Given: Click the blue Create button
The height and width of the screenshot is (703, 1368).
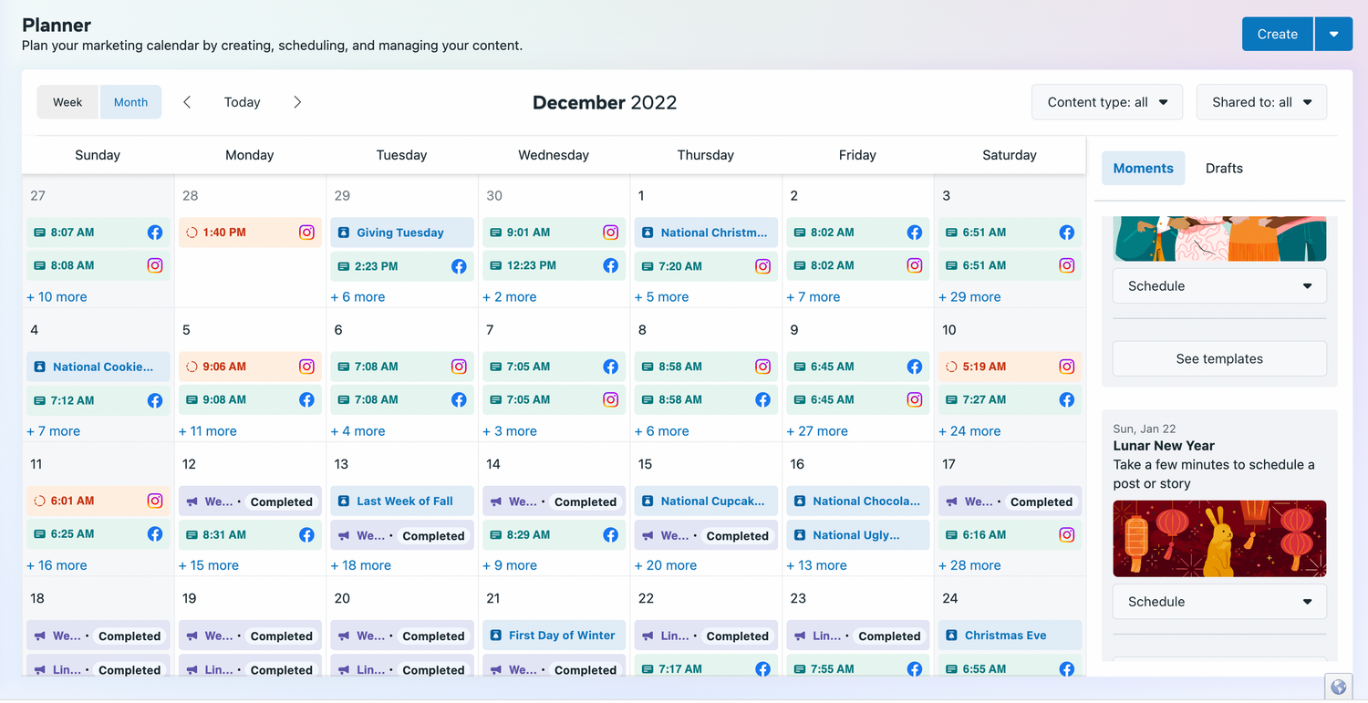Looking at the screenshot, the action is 1277,35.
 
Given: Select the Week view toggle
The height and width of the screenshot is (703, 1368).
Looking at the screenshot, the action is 67,102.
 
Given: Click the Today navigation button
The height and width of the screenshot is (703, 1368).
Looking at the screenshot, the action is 242,102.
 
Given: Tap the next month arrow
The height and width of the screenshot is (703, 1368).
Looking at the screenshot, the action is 297,102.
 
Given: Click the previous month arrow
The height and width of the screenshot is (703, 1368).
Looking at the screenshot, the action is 188,102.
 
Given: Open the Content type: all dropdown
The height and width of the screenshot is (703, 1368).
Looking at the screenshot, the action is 1106,102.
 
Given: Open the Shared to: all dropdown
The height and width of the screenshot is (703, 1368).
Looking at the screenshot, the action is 1261,102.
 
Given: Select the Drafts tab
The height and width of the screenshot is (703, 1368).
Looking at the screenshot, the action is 1224,168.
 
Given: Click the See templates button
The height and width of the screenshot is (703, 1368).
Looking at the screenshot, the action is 1219,358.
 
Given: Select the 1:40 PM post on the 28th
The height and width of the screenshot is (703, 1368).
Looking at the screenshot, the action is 250,233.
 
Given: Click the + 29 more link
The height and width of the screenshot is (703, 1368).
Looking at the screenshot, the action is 969,297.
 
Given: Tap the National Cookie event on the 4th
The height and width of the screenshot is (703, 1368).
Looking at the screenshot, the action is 98,367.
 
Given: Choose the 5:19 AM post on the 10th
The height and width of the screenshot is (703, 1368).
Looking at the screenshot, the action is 1010,367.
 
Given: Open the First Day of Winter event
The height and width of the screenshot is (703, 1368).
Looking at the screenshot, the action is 554,636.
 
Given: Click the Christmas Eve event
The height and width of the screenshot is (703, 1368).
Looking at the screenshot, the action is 1010,636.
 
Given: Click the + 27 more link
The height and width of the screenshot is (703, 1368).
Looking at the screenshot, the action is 817,431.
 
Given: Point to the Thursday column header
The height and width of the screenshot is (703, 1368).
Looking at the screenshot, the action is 705,155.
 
